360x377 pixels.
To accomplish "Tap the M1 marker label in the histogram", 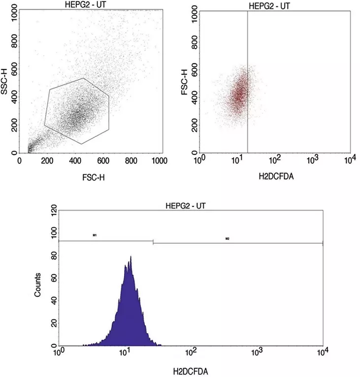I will pyautogui.click(x=94, y=236).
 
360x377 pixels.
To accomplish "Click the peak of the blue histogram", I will pyautogui.click(x=131, y=257).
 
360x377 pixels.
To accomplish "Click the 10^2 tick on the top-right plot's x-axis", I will pyautogui.click(x=275, y=159).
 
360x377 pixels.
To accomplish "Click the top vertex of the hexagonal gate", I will pyautogui.click(x=83, y=78).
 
